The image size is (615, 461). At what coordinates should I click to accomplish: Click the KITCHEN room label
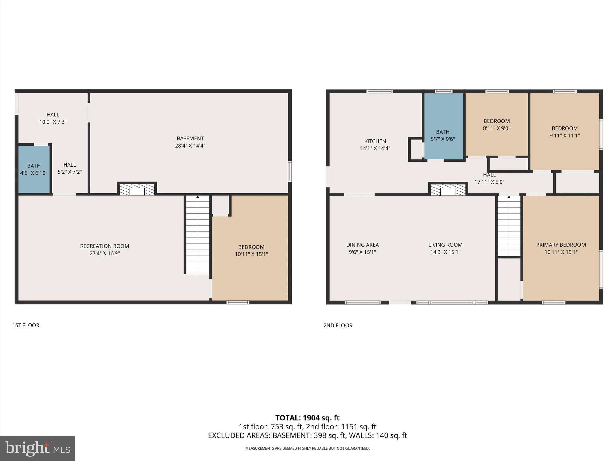click(375, 141)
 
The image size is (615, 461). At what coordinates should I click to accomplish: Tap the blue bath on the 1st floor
click(34, 170)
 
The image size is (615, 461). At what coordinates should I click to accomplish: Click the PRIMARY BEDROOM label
click(561, 245)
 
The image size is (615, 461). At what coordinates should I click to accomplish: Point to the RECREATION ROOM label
click(105, 246)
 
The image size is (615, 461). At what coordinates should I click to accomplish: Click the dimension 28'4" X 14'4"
click(190, 146)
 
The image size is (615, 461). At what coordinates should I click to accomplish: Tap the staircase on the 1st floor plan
click(197, 234)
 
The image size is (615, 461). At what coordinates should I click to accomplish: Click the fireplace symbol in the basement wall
click(137, 189)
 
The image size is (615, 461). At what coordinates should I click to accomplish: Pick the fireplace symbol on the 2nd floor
click(448, 190)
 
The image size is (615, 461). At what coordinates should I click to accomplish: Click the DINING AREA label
click(362, 245)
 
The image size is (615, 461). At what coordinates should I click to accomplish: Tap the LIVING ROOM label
click(445, 245)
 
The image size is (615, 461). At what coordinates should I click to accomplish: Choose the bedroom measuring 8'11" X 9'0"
click(496, 125)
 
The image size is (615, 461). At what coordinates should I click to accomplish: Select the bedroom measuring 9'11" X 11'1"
click(565, 132)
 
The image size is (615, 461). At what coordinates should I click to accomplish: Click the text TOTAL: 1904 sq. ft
click(307, 418)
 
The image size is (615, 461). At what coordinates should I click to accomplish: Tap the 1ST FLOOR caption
click(26, 325)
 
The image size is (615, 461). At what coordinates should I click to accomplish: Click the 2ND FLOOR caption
click(338, 325)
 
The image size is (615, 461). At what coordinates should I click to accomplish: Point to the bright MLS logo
click(38, 449)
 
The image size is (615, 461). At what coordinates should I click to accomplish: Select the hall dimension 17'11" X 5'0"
click(489, 182)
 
